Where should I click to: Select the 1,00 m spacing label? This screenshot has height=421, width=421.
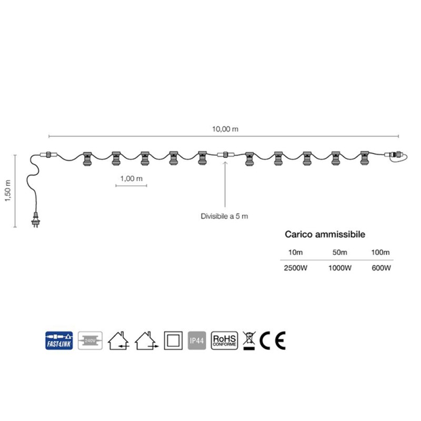coord(131,178)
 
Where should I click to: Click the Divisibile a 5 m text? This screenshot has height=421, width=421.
coord(224,216)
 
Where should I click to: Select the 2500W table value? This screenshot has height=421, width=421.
coord(295,268)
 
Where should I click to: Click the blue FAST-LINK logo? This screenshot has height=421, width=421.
coord(59,341)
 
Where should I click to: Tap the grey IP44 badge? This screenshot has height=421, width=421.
coord(197,341)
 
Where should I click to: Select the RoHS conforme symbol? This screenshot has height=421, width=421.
coord(224,341)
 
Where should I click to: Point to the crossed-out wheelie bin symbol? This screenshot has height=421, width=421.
coord(249,341)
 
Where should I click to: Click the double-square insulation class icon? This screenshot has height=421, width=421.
coord(173,341)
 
